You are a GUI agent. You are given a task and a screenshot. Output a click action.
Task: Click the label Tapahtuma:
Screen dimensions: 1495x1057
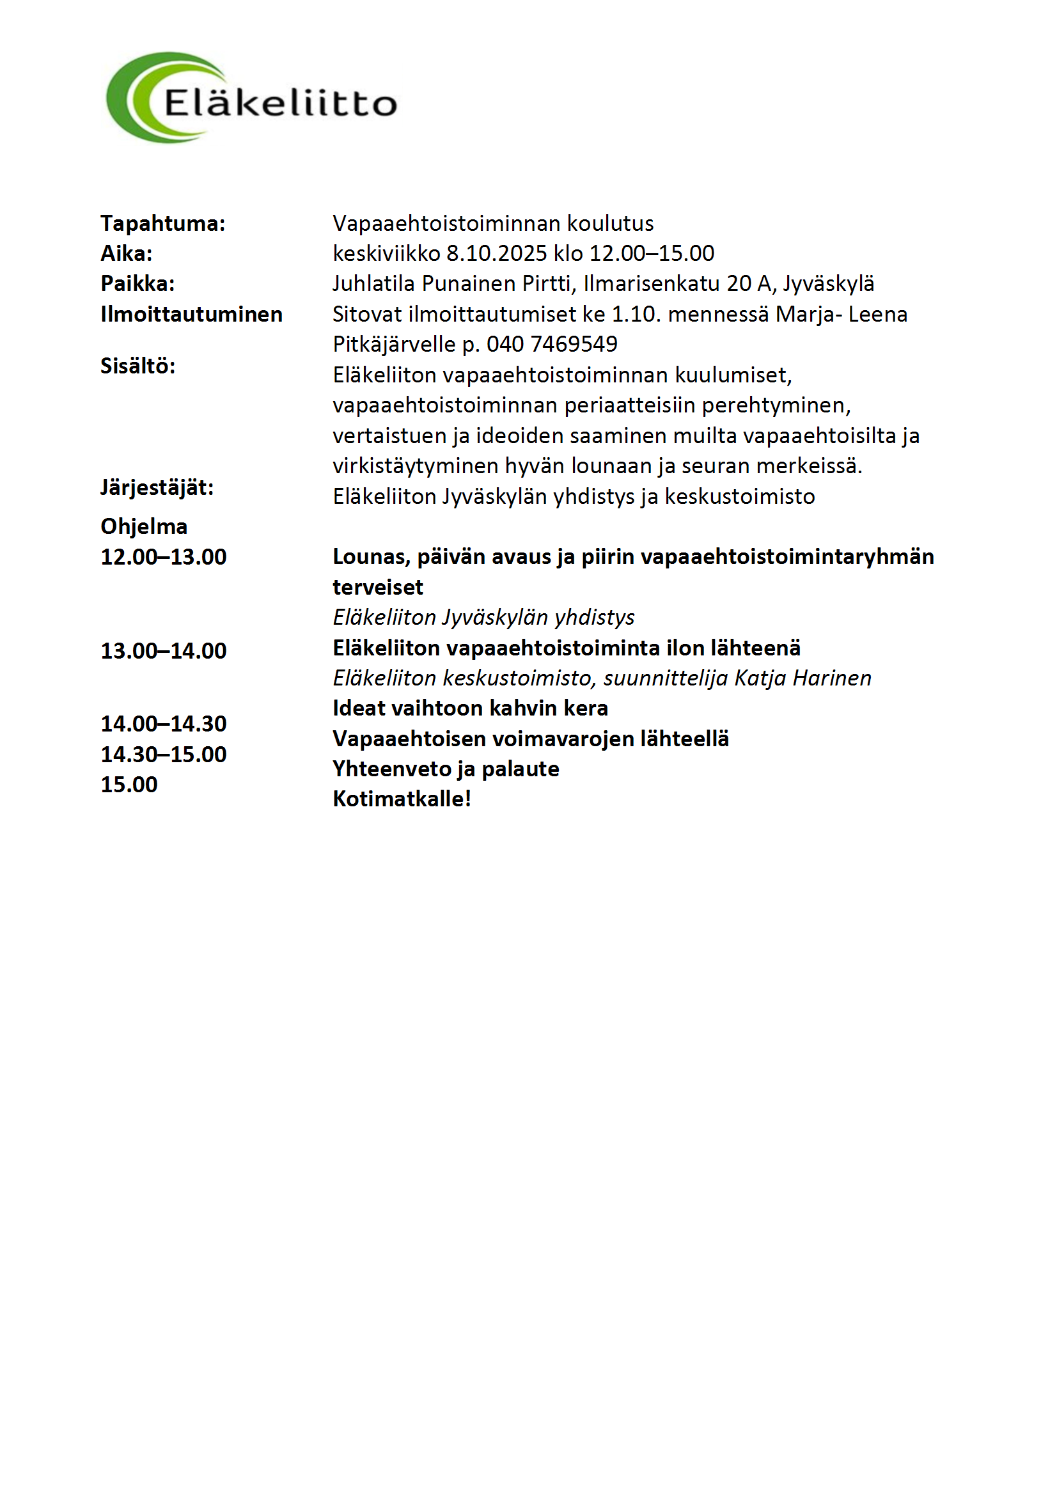[163, 223]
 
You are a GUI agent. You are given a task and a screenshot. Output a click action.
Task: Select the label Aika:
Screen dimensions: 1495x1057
[127, 253]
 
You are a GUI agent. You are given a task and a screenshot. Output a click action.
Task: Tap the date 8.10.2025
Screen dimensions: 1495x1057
[496, 253]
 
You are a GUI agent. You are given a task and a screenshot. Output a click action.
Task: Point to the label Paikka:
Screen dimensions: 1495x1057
[137, 283]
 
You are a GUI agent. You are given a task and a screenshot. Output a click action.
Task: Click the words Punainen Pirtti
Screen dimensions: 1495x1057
[498, 283]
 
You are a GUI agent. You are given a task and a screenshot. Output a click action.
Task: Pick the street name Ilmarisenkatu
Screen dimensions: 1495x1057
[651, 283]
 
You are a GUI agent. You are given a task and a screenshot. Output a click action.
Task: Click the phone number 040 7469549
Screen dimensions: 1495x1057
[552, 344]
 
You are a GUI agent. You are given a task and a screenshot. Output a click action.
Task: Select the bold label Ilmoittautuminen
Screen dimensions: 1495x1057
[191, 314]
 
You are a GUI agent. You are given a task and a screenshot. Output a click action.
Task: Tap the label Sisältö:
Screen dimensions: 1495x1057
[137, 366]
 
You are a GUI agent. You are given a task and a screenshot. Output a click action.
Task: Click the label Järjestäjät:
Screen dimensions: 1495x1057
[157, 487]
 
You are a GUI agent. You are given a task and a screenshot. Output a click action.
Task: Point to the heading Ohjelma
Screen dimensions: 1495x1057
[144, 526]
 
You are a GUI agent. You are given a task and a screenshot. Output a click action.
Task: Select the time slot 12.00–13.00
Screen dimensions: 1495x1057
[164, 557]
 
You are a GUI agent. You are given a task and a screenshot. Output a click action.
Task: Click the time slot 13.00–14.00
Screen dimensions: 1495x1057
[164, 650]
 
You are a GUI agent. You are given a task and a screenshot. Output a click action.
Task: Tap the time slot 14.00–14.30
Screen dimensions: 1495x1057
[164, 723]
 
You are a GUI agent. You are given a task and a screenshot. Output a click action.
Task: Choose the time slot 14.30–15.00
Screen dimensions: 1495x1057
[164, 754]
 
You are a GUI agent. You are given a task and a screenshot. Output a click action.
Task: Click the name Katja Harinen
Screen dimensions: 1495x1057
[803, 678]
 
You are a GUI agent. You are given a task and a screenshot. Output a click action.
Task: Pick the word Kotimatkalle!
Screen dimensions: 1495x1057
[402, 798]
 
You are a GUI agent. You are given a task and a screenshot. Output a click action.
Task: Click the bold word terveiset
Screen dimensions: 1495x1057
[378, 587]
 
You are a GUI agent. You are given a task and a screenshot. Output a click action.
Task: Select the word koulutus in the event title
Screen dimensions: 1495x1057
[609, 223]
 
